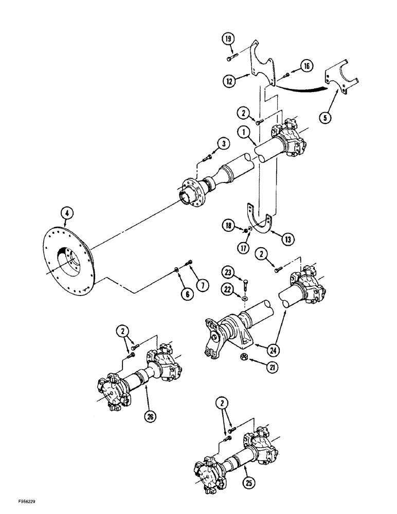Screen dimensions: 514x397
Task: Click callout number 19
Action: (x=228, y=38)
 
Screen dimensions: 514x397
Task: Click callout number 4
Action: (x=64, y=211)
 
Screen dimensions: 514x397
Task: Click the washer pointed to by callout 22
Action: (x=245, y=297)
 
